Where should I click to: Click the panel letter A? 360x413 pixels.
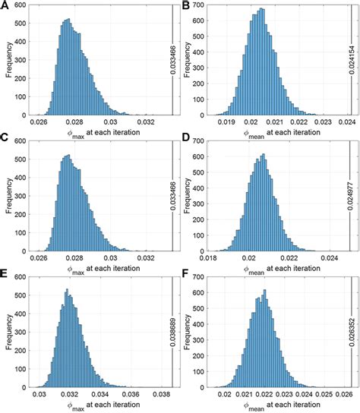click(6, 6)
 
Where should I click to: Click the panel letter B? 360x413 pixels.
click(186, 6)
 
